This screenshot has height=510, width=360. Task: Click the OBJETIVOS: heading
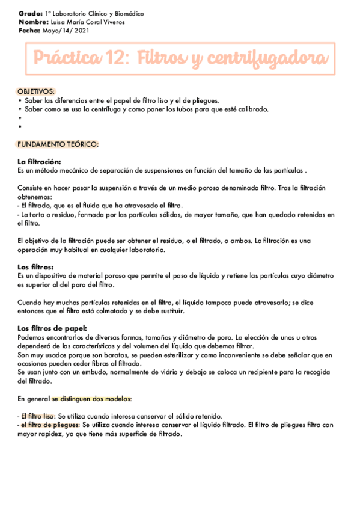(x=35, y=91)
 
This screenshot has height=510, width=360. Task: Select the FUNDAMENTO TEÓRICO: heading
(x=58, y=144)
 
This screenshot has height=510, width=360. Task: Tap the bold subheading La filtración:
(x=40, y=162)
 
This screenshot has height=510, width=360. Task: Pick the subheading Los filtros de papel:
(x=53, y=328)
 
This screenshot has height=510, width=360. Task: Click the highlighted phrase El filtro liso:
(x=38, y=416)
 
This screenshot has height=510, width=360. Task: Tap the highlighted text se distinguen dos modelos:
(x=91, y=399)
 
